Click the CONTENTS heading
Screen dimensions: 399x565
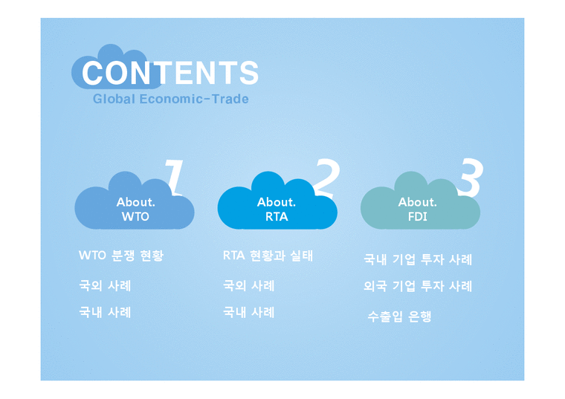click(170, 73)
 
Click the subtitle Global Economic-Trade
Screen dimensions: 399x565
click(170, 99)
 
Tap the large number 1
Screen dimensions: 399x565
click(173, 176)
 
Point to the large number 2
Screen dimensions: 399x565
click(326, 176)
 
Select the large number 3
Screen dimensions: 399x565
click(468, 176)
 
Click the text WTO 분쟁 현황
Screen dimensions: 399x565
click(121, 256)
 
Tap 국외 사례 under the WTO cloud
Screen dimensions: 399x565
click(105, 285)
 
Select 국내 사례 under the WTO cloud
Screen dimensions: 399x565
click(105, 312)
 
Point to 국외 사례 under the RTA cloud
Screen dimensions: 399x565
click(248, 285)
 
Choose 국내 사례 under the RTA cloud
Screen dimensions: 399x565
click(248, 312)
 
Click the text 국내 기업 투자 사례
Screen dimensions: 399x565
click(417, 260)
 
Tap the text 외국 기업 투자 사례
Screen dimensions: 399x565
click(417, 286)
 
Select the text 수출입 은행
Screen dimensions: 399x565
click(399, 317)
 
